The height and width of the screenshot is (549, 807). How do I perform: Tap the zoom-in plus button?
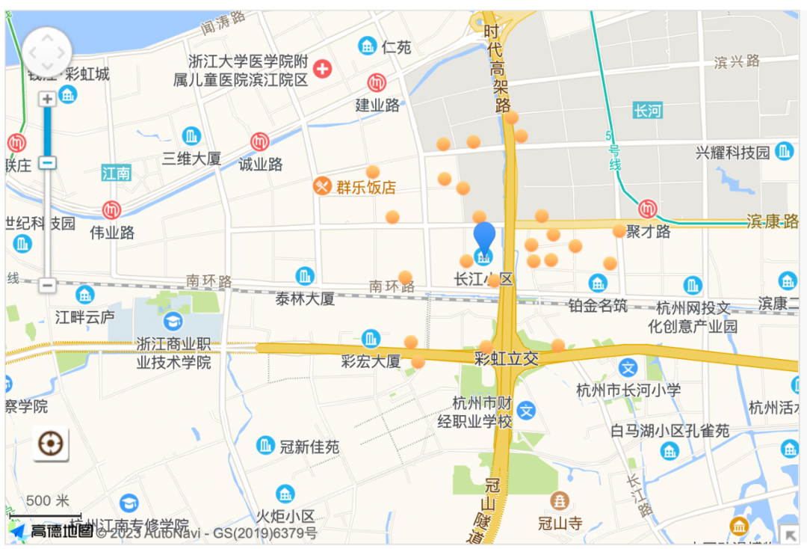coord(47,99)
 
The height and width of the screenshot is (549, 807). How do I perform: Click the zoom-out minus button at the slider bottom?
coord(47,285)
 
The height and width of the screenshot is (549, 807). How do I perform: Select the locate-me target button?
coord(51,444)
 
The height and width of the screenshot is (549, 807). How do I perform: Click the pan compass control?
coord(47,52)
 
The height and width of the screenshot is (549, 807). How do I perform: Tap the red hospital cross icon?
coord(322,70)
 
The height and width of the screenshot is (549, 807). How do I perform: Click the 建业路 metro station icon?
coord(377,83)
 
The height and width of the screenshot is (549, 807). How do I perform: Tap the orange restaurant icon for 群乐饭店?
coord(322,185)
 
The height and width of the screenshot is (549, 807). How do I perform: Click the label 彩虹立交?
coord(507,358)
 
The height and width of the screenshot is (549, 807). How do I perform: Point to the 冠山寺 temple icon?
coord(559,500)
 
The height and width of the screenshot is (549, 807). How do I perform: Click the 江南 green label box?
coord(117,174)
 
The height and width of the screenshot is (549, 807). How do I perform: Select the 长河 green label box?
coord(647,111)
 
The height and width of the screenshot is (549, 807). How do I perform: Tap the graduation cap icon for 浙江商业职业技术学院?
coord(173,322)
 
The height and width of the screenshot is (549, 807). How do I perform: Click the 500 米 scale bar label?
coord(47,501)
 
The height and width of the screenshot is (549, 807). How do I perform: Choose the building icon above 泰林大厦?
coord(304,276)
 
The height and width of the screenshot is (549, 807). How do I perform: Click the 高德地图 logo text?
coord(61,531)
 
